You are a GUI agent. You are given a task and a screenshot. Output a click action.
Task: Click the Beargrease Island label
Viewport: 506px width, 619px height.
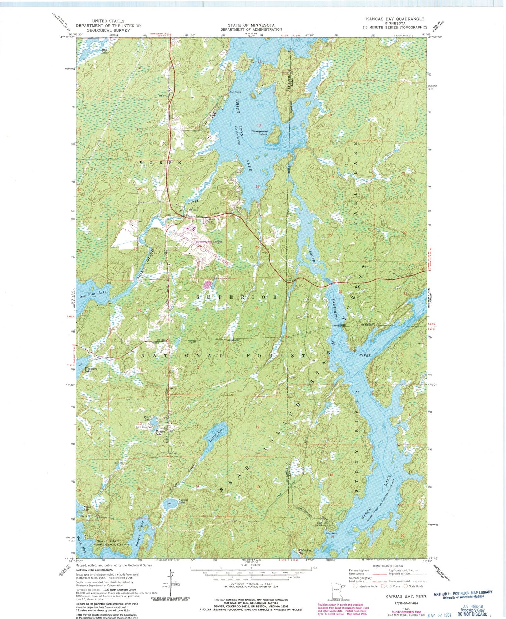[x=259, y=132]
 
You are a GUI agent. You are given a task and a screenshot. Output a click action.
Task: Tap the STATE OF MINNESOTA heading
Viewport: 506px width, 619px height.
[x=251, y=25]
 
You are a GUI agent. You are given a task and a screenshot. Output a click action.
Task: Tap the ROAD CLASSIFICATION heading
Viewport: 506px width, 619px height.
[x=388, y=566]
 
